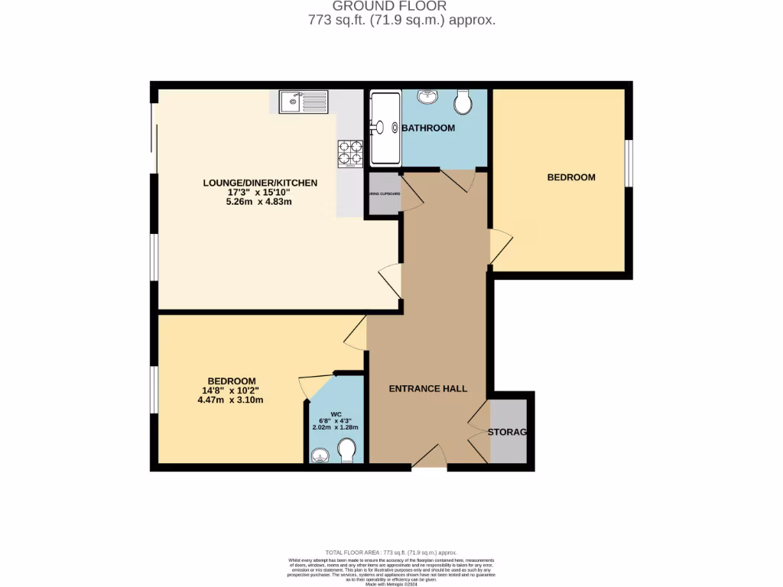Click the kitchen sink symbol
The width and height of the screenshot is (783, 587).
coord(303,102)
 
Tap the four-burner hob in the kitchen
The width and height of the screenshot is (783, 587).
coord(349,153)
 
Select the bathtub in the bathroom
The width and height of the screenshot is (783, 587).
coord(385,128)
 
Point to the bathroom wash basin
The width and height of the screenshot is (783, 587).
coord(427,97)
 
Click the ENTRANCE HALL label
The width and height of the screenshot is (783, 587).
coord(427,388)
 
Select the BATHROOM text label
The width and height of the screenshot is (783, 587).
coord(428,128)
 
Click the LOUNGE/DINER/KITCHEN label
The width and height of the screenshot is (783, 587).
coord(259,183)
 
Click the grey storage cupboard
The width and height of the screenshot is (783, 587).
coord(508,432)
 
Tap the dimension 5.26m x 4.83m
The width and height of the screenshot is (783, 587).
coord(259,203)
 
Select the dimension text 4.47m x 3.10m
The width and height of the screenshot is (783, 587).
coord(230,400)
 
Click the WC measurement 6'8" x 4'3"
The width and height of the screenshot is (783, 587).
coord(335,420)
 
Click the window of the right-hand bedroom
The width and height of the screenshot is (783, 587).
coord(629,163)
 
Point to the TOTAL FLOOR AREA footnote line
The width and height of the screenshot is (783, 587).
coord(391,552)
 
